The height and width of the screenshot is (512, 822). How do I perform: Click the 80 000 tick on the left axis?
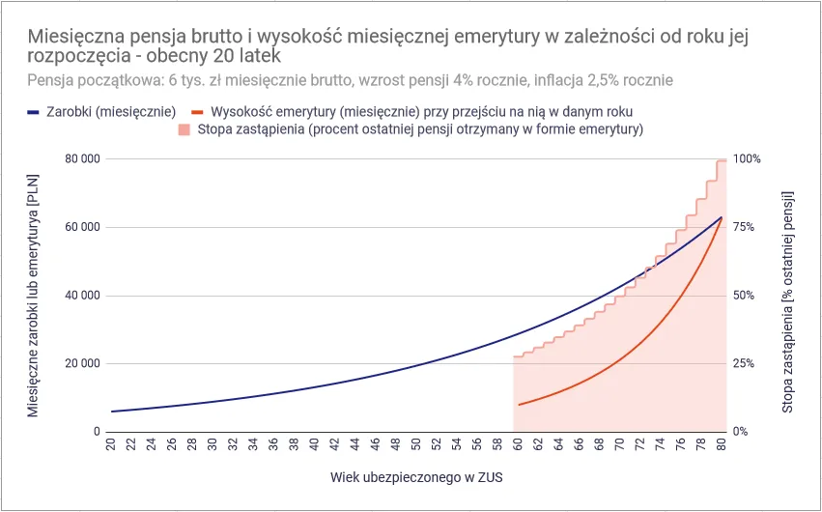click(x=82, y=158)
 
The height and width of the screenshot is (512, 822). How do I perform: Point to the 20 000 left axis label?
click(x=82, y=363)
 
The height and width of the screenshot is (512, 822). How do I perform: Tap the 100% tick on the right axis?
click(x=749, y=158)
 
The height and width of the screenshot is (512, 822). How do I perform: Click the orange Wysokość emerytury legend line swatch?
click(x=199, y=112)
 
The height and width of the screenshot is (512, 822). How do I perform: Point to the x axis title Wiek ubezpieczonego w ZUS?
click(x=415, y=477)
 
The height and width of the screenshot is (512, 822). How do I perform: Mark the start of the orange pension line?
click(x=519, y=405)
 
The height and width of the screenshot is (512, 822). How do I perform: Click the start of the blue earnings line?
click(x=112, y=412)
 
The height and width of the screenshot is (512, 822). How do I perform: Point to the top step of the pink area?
click(x=721, y=161)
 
